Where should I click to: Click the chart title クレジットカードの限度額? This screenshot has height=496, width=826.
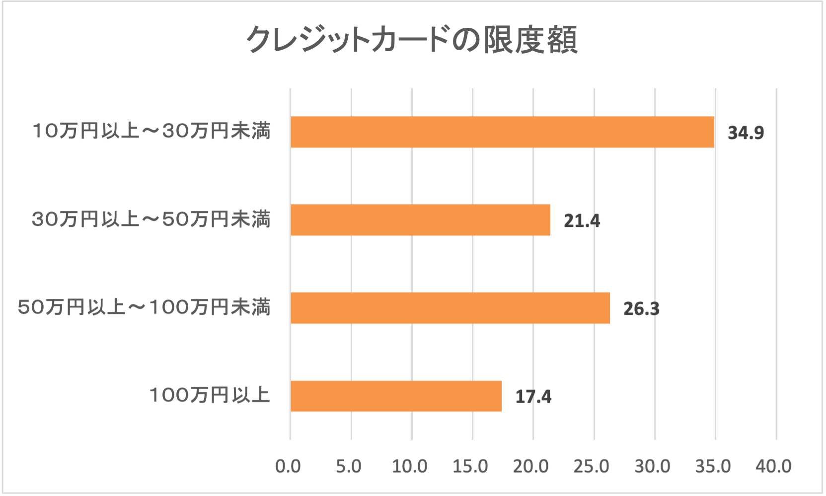[412, 39]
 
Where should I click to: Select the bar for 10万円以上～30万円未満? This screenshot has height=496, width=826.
[502, 132]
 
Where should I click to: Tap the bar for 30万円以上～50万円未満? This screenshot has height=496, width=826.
[420, 220]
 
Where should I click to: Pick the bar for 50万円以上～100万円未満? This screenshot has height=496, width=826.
[450, 308]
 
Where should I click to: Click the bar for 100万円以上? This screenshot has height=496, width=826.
[396, 396]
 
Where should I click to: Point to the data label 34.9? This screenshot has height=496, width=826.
[746, 133]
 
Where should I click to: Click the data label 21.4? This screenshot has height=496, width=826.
[582, 221]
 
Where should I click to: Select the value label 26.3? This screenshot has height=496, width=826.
[641, 309]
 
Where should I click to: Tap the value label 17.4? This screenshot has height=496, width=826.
[533, 397]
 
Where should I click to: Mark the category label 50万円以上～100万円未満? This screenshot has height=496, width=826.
[144, 307]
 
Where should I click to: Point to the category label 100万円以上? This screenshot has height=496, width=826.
[210, 395]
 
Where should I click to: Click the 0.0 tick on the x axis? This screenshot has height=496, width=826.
[288, 466]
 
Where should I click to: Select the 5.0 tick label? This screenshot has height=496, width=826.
[349, 466]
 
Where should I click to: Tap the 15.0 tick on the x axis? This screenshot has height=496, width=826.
[470, 466]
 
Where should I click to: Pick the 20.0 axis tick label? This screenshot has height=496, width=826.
[531, 466]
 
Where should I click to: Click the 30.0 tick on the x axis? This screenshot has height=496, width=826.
[652, 466]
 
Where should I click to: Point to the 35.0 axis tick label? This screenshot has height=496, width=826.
[713, 466]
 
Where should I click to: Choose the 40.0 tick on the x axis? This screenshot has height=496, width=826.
[774, 466]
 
